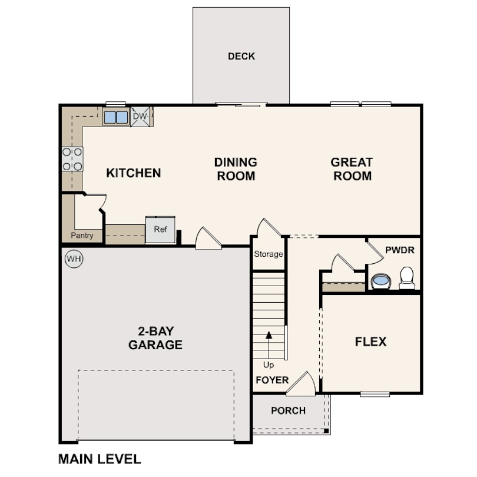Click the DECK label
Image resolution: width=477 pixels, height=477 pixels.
click(241, 57)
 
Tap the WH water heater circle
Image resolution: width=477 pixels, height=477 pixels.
click(72, 259)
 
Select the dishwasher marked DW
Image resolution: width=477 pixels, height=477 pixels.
click(140, 117)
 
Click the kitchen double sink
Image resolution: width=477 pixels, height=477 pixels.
click(116, 117)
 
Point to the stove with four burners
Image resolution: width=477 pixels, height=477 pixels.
click(72, 159)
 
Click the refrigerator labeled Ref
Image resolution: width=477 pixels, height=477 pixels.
click(161, 230)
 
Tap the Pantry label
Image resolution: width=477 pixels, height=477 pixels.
click(82, 236)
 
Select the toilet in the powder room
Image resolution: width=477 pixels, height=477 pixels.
click(407, 277)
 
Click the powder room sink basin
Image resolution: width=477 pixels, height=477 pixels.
click(381, 281)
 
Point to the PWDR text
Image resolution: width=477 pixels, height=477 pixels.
click(400, 250)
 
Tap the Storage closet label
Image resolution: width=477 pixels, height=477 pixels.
click(269, 254)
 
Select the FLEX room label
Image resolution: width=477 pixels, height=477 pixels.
click(370, 342)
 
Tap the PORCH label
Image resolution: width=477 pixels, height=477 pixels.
click(288, 410)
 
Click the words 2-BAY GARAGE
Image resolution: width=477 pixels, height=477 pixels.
click(155, 338)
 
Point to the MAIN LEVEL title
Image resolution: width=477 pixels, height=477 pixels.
click(100, 459)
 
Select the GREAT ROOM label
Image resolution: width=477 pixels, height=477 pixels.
click(352, 168)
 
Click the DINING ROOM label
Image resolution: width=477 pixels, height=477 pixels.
click(236, 168)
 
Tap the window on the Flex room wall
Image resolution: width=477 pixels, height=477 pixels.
click(375, 394)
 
